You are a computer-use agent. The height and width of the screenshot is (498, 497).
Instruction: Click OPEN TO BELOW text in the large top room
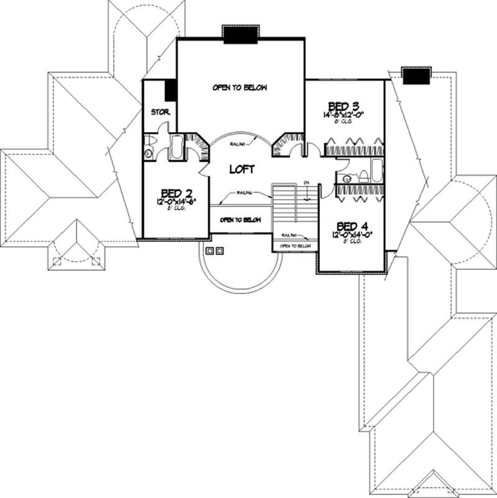[240, 88]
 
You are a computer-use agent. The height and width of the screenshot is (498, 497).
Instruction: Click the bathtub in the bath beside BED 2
[176, 146]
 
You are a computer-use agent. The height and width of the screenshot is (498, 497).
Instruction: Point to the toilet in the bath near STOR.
[149, 152]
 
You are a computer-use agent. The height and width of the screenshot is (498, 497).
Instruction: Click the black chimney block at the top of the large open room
[240, 37]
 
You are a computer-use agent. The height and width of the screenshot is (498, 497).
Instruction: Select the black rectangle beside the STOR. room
[170, 91]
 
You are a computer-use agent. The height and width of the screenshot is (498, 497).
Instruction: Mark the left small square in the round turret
[209, 251]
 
